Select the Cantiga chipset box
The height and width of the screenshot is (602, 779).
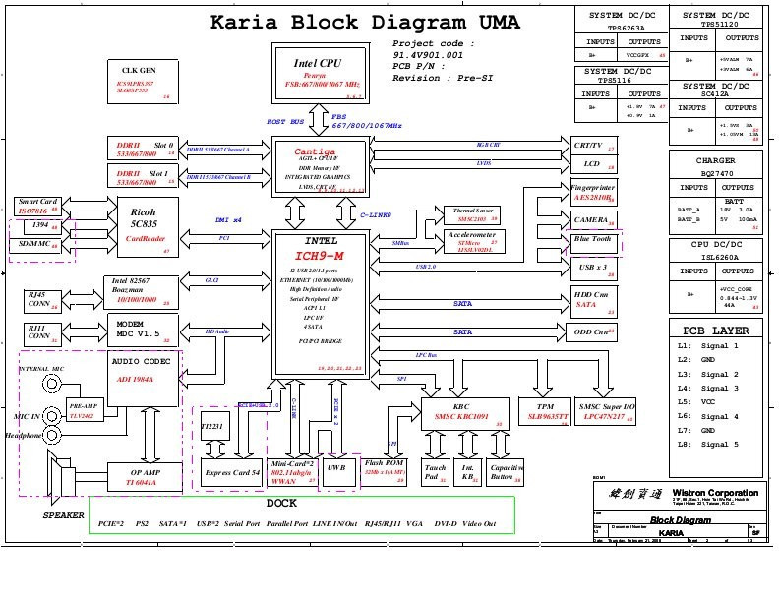pyautogui.click(x=318, y=167)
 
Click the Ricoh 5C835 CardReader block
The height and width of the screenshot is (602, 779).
pyautogui.click(x=145, y=224)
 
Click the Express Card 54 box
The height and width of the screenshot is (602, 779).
pyautogui.click(x=231, y=472)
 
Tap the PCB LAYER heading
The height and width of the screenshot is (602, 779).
pyautogui.click(x=715, y=331)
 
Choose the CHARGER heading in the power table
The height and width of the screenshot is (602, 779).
pyautogui.click(x=715, y=160)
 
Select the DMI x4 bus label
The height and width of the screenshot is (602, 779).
pyautogui.click(x=228, y=220)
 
